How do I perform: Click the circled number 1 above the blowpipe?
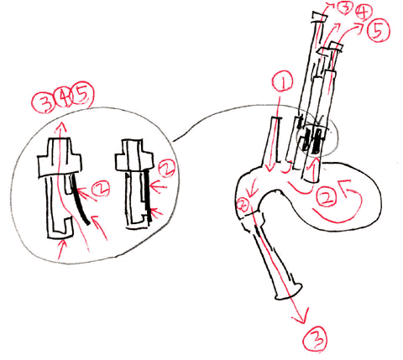point(283,81)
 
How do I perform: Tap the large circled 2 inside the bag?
point(326,197)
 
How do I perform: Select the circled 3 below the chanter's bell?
point(314,339)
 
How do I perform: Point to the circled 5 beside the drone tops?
point(379,30)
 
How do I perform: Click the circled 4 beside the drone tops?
point(363,13)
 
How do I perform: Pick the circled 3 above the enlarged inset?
point(44,103)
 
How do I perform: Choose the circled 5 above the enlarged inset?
point(83,95)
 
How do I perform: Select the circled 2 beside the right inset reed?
point(166,169)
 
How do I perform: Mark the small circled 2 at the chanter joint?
point(243,205)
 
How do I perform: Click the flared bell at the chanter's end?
point(289,291)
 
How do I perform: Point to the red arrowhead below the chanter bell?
point(301,316)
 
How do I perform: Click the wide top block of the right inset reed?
point(134,155)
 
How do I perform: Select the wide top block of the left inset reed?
point(60,158)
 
